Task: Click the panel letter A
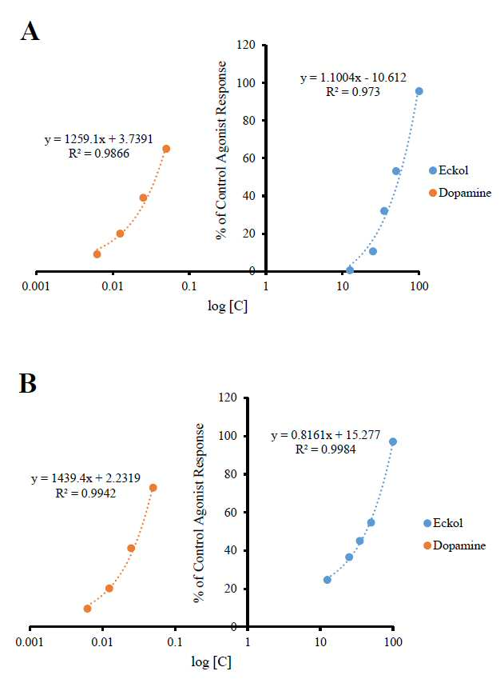pos(30,32)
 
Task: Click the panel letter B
pos(28,383)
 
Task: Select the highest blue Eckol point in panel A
pos(419,91)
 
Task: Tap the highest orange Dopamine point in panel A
pos(166,149)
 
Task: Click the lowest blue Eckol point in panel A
pos(350,270)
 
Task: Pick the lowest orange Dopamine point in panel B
pos(87,609)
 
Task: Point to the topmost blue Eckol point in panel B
pos(393,441)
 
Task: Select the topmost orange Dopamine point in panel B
pos(153,488)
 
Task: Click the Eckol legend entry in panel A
pos(449,170)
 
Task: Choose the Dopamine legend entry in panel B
pos(454,545)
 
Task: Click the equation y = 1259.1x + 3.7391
pos(98,139)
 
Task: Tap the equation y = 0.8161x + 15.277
pos(326,435)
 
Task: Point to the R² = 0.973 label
pos(353,92)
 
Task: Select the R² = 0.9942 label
pos(85,493)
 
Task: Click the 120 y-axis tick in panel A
pos(246,45)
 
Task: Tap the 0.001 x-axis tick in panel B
pos(30,642)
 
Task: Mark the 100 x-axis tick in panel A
pos(419,286)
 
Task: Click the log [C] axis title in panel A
pos(228,306)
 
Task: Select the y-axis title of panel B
pos(199,513)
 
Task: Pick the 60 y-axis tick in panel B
pos(231,513)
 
